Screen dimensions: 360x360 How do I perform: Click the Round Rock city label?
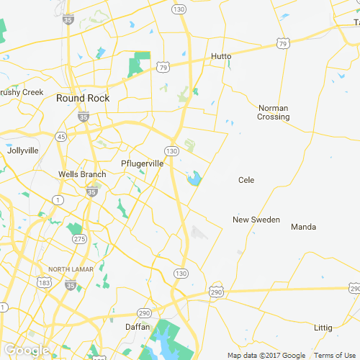pyautogui.click(x=82, y=99)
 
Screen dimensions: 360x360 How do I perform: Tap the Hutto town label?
pyautogui.click(x=222, y=56)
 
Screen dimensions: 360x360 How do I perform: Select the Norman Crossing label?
pyautogui.click(x=274, y=112)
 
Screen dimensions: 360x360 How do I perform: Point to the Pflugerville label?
pyautogui.click(x=143, y=163)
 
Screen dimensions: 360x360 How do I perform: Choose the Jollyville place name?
pyautogui.click(x=22, y=151)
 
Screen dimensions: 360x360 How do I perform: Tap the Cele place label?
pyautogui.click(x=247, y=180)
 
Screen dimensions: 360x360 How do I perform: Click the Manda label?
pyautogui.click(x=303, y=227)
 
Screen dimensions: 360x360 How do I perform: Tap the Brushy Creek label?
pyautogui.click(x=22, y=92)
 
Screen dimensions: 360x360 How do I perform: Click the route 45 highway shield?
pyautogui.click(x=60, y=136)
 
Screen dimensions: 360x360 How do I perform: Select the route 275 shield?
pyautogui.click(x=80, y=239)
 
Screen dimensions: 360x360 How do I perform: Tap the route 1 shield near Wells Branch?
pyautogui.click(x=58, y=199)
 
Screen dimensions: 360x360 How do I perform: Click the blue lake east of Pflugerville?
pyautogui.click(x=194, y=177)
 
